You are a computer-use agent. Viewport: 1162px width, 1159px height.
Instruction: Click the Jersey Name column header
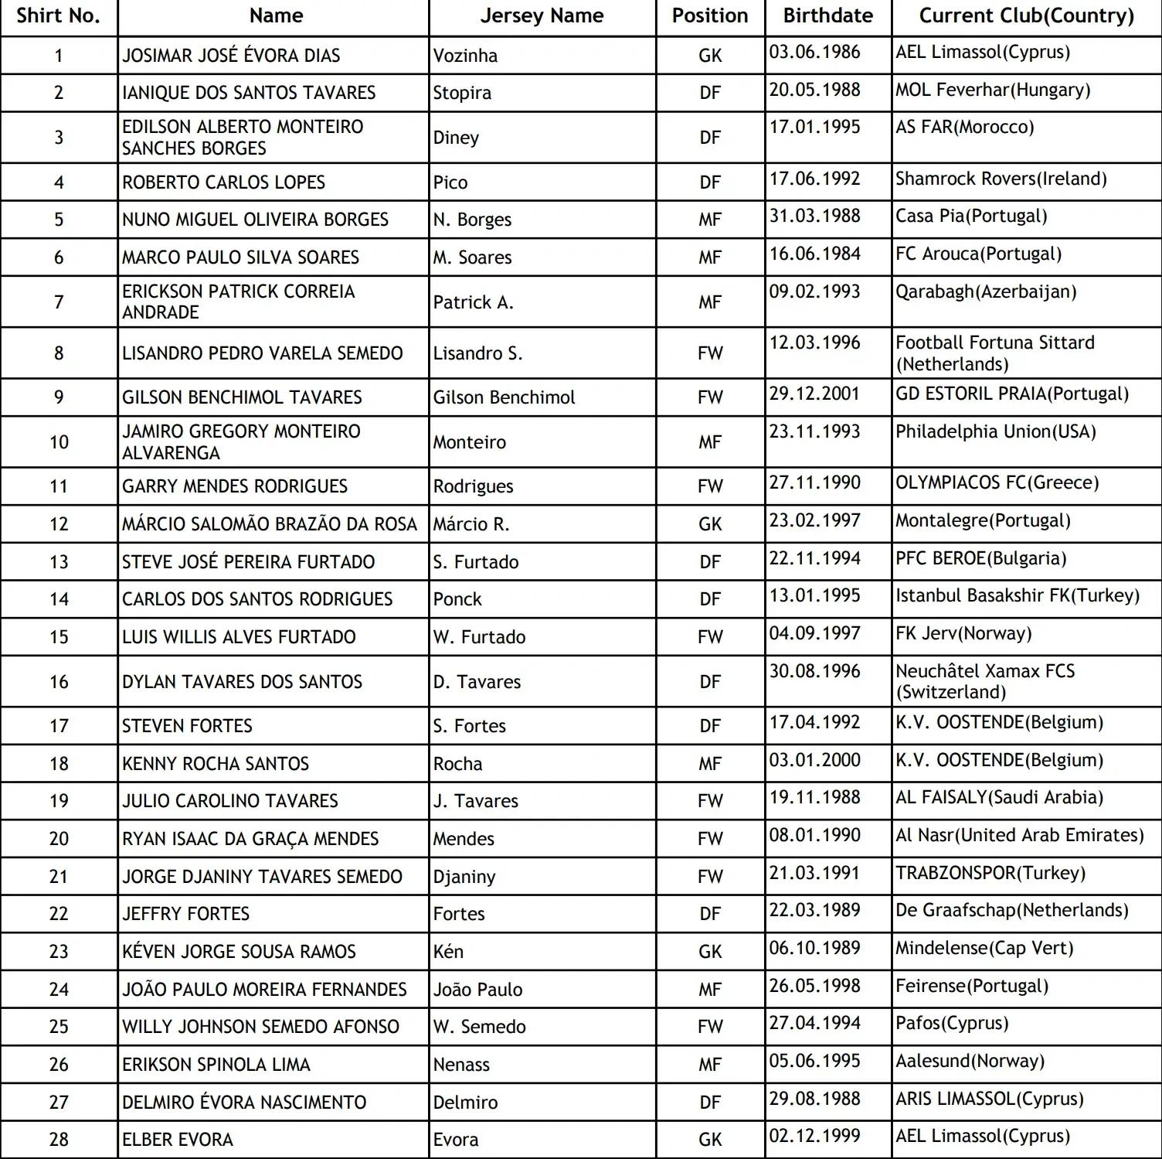[542, 16]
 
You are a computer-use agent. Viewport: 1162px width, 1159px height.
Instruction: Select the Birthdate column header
[827, 16]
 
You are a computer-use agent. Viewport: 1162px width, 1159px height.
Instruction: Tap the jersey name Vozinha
[465, 56]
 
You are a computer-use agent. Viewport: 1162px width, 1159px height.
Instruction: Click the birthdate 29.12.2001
[814, 394]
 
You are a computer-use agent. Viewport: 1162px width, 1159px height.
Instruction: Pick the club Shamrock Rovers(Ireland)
[1001, 179]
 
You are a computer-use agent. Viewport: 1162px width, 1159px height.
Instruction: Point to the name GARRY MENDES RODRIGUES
[235, 486]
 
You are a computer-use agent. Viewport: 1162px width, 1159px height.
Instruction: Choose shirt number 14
[59, 599]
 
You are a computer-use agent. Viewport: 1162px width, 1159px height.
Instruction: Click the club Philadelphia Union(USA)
[995, 431]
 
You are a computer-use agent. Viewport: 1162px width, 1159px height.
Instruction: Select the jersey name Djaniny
[464, 877]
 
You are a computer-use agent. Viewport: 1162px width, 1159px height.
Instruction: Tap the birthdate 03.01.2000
[814, 760]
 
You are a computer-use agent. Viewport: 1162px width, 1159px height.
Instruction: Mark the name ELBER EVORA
[178, 1140]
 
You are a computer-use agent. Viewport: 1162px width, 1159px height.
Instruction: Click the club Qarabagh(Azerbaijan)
[986, 292]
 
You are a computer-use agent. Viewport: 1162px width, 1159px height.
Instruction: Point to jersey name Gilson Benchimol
[504, 397]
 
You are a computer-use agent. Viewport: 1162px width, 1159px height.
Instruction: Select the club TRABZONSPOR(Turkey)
[990, 874]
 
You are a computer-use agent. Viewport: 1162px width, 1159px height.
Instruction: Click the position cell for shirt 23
[710, 952]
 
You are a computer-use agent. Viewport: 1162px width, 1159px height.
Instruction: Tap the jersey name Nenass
[461, 1065]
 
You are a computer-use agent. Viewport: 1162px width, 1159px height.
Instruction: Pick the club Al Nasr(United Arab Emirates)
[1019, 836]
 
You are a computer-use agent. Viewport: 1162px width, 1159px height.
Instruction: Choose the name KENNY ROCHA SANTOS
[216, 764]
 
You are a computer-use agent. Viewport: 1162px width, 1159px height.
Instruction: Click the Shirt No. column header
[59, 16]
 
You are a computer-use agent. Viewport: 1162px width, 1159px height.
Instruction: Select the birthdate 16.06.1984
[814, 254]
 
